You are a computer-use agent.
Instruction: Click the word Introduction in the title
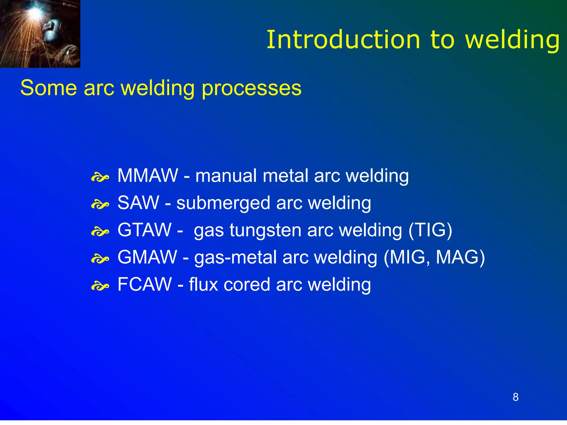pyautogui.click(x=343, y=40)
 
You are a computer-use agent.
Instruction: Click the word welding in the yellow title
pyautogui.click(x=512, y=40)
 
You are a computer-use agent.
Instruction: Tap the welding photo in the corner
pyautogui.click(x=40, y=34)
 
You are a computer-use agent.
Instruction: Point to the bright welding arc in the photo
pyautogui.click(x=35, y=12)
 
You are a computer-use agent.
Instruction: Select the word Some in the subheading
pyautogui.click(x=48, y=88)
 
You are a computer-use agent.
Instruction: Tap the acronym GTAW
pyautogui.click(x=144, y=230)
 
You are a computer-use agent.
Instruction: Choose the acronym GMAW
pyautogui.click(x=147, y=257)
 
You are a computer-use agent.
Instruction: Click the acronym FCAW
pyautogui.click(x=145, y=284)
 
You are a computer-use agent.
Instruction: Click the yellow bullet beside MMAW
pyautogui.click(x=100, y=177)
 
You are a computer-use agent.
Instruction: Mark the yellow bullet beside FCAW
pyautogui.click(x=100, y=286)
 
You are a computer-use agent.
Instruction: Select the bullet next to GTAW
pyautogui.click(x=100, y=232)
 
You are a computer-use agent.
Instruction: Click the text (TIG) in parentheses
pyautogui.click(x=431, y=230)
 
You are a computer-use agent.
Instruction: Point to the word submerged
pyautogui.click(x=223, y=203)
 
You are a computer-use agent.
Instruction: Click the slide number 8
pyautogui.click(x=516, y=397)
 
